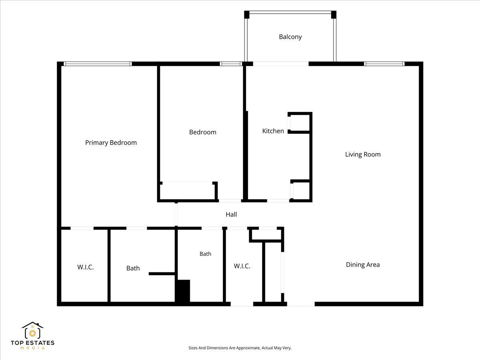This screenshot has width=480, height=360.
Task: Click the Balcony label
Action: click(x=290, y=37)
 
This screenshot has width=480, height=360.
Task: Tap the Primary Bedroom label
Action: click(x=111, y=142)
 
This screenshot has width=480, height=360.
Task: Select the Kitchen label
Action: click(x=273, y=131)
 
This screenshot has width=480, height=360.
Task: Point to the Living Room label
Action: click(x=363, y=154)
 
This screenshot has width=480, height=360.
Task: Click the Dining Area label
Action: click(x=363, y=264)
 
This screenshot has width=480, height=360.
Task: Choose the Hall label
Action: click(x=231, y=214)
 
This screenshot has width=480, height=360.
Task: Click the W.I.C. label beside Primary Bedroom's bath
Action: click(x=85, y=267)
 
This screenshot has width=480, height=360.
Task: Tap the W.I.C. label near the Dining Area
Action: click(x=242, y=266)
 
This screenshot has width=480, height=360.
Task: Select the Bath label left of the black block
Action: click(x=133, y=268)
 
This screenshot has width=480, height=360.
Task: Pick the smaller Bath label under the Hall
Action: click(x=205, y=254)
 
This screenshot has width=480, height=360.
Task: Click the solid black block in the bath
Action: click(x=183, y=291)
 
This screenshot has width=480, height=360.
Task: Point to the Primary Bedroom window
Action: click(x=98, y=64)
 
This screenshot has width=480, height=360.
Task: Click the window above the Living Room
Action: click(x=384, y=64)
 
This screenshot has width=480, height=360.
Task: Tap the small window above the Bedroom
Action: click(x=231, y=64)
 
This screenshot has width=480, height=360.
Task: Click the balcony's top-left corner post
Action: click(x=247, y=15)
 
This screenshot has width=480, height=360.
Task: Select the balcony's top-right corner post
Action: click(x=334, y=15)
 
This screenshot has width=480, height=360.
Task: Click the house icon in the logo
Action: click(x=32, y=330)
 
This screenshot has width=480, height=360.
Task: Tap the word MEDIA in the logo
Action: click(x=32, y=348)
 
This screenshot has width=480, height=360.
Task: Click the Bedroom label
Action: click(x=203, y=132)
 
